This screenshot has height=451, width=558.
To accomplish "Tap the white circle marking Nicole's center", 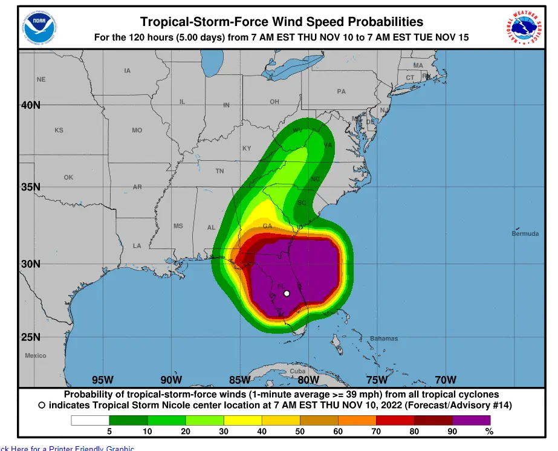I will pyautogui.click(x=287, y=294).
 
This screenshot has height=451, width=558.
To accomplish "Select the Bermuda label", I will pyautogui.click(x=525, y=233).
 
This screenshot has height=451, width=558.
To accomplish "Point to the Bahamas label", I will pyautogui.click(x=384, y=339).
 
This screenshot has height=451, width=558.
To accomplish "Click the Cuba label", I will pyautogui.click(x=297, y=371).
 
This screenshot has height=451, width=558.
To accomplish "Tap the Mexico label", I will pyautogui.click(x=35, y=355).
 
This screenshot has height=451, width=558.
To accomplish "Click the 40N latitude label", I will pyautogui.click(x=31, y=105).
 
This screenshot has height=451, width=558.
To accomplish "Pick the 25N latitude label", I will pyautogui.click(x=31, y=337).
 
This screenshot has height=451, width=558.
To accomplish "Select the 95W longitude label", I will pyautogui.click(x=103, y=380).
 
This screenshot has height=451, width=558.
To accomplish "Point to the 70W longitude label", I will pyautogui.click(x=446, y=380).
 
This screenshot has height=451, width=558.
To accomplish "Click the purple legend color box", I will pyautogui.click(x=472, y=420).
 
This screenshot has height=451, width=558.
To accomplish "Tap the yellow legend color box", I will pyautogui.click(x=242, y=420).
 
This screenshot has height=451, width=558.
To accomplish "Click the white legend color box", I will pyautogui.click(x=90, y=420).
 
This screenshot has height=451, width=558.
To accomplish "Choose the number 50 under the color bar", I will pyautogui.click(x=300, y=432).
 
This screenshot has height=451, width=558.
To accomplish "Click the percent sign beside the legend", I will pyautogui.click(x=489, y=432).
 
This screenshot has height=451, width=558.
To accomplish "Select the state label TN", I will pyautogui.click(x=219, y=171).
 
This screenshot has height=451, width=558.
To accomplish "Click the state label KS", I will pyautogui.click(x=59, y=131).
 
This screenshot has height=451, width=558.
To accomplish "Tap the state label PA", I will pyautogui.click(x=342, y=92).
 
